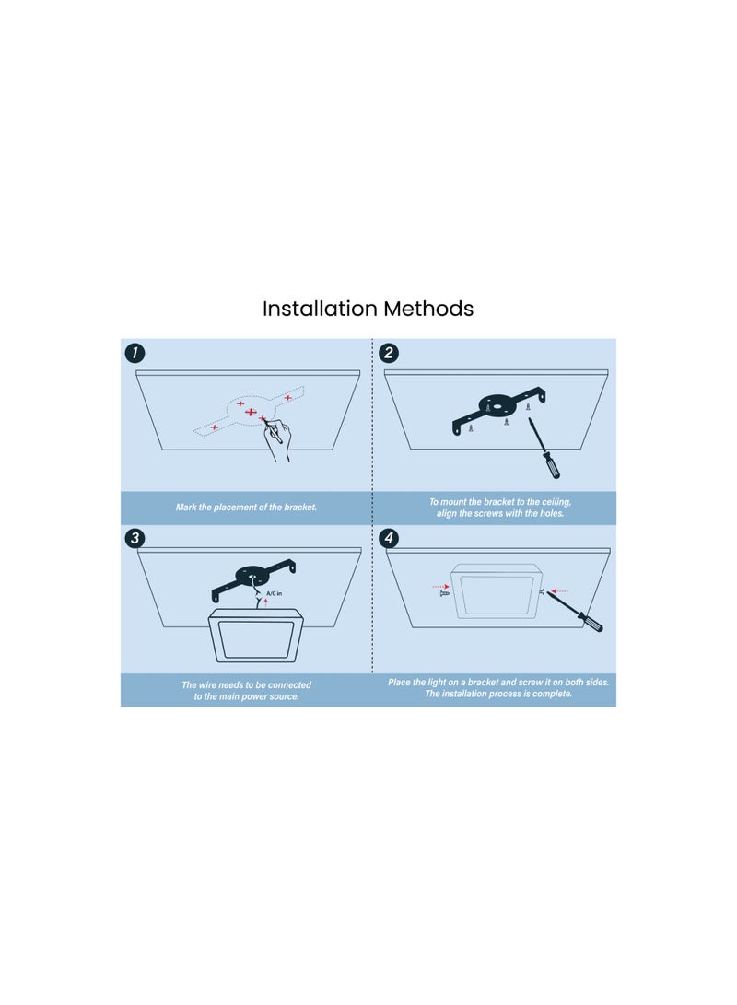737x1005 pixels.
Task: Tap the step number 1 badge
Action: point(135,353)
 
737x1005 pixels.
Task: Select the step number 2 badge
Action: point(389,353)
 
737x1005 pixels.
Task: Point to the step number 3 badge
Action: point(135,538)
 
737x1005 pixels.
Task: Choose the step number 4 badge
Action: point(389,538)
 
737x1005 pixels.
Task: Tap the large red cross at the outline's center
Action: point(251,412)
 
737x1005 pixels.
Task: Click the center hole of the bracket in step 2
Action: point(497,404)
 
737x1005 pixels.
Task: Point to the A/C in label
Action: point(274,593)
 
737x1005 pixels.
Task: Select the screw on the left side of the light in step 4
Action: point(445,594)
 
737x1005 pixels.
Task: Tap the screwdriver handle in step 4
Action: point(591,623)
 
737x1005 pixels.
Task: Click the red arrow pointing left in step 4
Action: point(559,591)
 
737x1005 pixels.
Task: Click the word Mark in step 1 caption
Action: point(186,507)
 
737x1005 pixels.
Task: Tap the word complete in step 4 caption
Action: point(553,694)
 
